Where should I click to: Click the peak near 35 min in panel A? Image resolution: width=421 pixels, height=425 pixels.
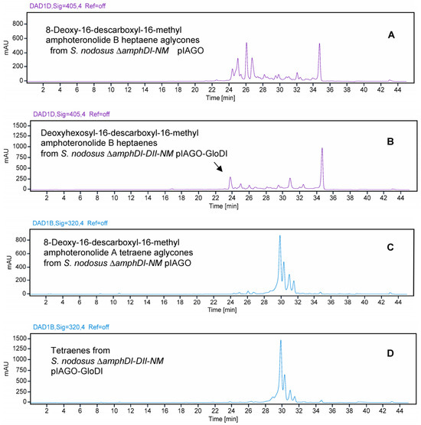[x=320, y=44]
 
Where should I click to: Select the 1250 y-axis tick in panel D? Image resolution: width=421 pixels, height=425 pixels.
[x=16, y=340]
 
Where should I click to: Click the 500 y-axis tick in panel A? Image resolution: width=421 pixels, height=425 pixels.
[x=18, y=46]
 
